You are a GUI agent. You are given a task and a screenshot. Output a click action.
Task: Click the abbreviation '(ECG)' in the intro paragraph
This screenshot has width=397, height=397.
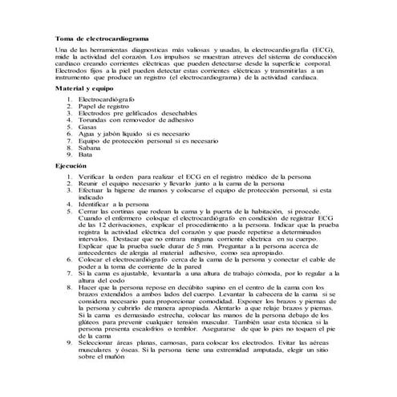319,51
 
